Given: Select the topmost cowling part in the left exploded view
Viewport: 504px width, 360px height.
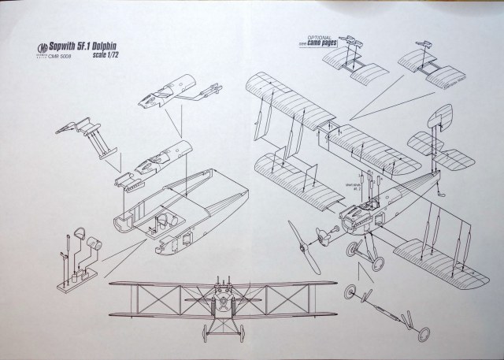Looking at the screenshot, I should pyautogui.click(x=169, y=91).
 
